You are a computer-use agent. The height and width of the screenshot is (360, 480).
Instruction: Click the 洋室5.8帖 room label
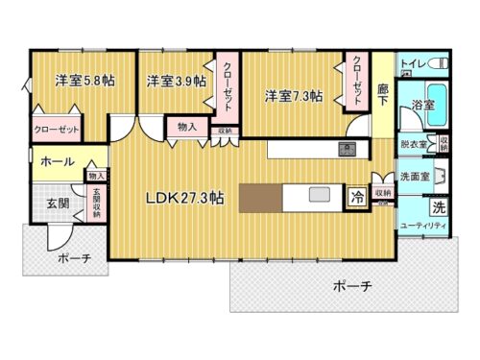pyautogui.click(x=84, y=81)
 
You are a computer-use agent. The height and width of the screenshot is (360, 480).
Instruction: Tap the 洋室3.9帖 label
pyautogui.click(x=176, y=81)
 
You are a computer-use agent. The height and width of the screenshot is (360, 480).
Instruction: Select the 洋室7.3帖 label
pyautogui.click(x=293, y=95)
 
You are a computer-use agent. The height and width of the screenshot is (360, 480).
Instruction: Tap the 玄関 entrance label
pyautogui.click(x=57, y=204)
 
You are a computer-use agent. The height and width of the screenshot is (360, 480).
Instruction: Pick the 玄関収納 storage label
pyautogui.click(x=97, y=202)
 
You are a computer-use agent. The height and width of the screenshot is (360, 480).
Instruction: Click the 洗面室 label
pyautogui.click(x=415, y=177)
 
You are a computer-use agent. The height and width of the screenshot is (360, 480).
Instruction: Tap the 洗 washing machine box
pyautogui.click(x=438, y=207)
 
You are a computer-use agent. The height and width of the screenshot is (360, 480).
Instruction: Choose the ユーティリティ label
pyautogui.click(x=422, y=225)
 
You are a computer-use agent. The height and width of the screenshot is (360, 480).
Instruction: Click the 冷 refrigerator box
pyautogui.click(x=356, y=200)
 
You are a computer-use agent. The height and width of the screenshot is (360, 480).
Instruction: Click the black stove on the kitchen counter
pyautogui.click(x=347, y=149)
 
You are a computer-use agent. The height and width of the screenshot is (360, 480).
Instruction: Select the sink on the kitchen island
pyautogui.click(x=317, y=196)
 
